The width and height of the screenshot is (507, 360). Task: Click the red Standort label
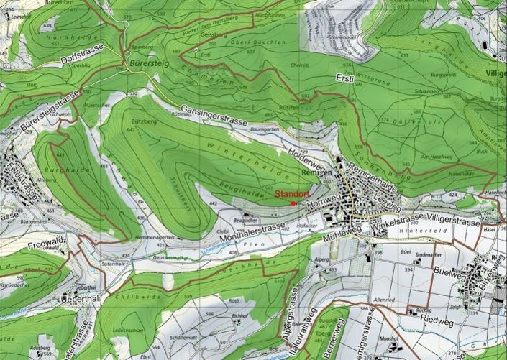point(293,193)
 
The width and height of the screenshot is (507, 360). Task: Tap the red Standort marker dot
point(293,203)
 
